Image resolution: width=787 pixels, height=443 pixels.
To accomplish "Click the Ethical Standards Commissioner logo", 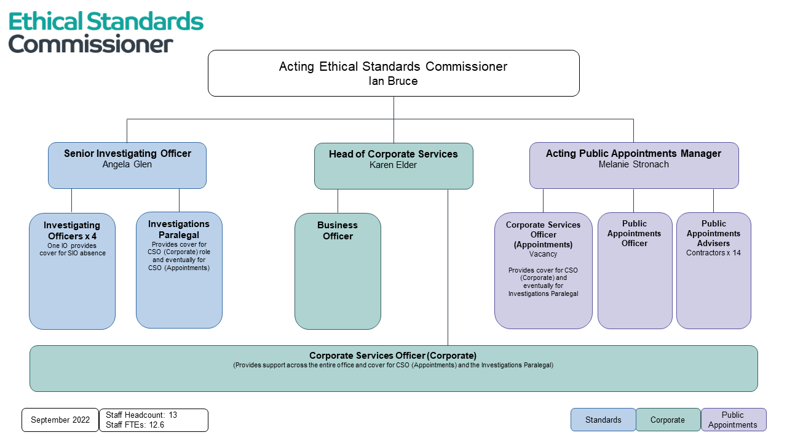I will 106,32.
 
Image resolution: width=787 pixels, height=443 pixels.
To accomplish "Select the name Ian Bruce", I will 393,81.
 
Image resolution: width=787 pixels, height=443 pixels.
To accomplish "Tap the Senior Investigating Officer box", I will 127,165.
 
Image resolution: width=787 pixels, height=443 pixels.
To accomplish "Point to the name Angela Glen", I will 127,164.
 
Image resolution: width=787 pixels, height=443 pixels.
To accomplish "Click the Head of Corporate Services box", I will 393,166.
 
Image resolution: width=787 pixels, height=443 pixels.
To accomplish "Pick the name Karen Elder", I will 393,165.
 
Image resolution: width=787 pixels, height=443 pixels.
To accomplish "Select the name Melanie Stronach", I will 633,164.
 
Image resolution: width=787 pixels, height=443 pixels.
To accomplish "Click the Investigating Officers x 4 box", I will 72,271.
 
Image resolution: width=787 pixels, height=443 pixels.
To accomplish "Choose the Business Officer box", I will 338,271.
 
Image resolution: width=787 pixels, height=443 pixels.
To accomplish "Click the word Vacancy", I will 543,254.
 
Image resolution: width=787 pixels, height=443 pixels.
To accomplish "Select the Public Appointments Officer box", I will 635,271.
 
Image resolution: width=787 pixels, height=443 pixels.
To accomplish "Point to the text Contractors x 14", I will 713,253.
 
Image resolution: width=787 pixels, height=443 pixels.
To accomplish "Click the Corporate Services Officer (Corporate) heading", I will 393,356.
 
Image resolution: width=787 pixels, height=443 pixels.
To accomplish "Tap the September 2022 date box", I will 60,420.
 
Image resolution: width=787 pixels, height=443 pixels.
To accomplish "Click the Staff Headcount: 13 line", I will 141,415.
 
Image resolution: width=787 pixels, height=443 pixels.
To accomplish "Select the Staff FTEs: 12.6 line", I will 135,425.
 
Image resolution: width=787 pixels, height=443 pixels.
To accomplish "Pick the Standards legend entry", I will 603,420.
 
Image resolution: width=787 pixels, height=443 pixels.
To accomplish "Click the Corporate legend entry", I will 668,420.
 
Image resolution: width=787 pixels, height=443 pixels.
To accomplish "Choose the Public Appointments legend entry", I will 733,420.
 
